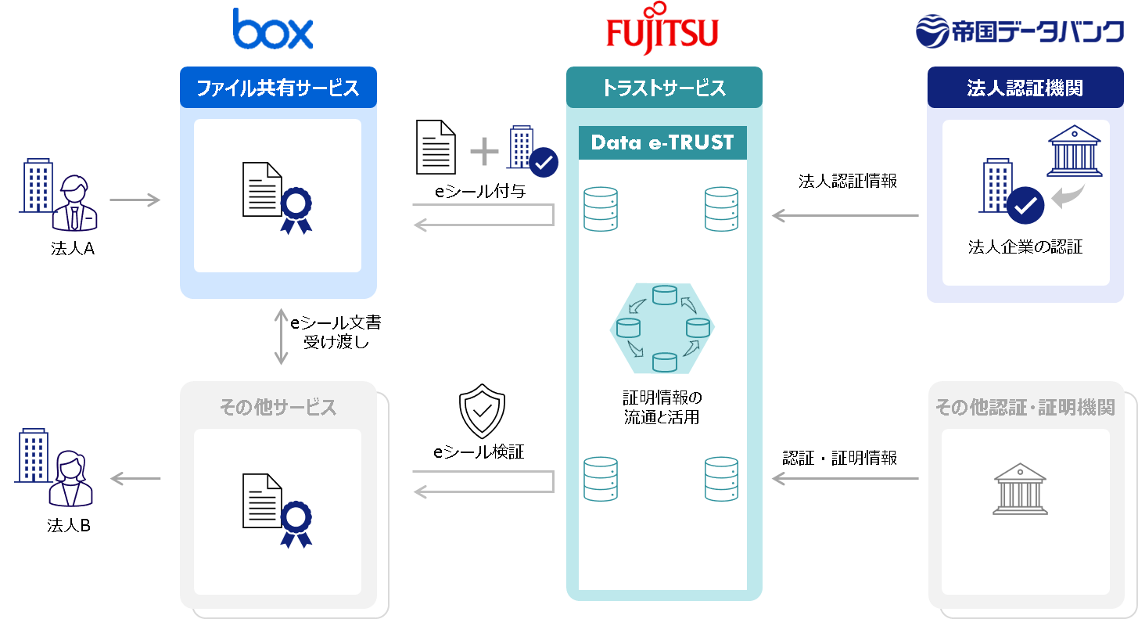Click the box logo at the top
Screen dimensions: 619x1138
272,30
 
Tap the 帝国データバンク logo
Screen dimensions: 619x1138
1019,32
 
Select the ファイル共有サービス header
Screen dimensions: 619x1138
278,88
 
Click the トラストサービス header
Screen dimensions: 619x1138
663,88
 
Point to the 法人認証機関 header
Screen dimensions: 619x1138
1025,88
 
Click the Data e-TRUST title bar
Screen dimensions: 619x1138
662,142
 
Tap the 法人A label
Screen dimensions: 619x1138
72,250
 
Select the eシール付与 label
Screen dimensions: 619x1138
479,190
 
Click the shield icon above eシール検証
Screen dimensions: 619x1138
482,411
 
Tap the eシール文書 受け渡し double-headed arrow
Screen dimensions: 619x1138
281,336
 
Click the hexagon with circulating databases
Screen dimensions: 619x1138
662,329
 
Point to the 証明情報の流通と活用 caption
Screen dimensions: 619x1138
662,407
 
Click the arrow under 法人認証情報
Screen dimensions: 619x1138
845,216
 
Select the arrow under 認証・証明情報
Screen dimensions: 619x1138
845,479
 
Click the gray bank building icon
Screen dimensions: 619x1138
1019,488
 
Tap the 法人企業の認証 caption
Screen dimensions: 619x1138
1025,248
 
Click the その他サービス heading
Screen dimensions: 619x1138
278,408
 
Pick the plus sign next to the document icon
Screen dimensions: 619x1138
484,151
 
